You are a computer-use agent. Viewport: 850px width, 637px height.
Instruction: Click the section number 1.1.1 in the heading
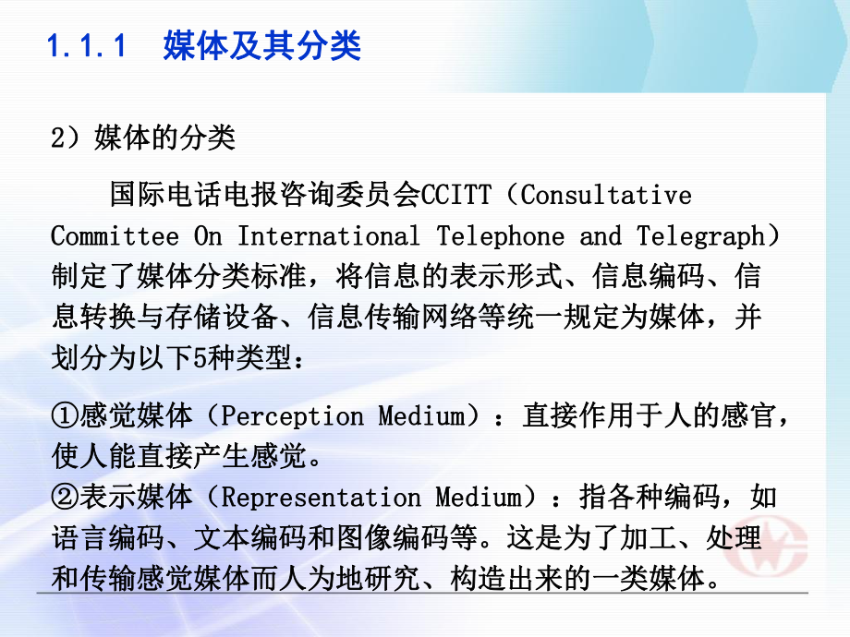point(85,45)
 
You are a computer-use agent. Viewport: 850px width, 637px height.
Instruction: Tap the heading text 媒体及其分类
point(261,45)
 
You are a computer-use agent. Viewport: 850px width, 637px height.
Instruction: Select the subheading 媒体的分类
point(165,138)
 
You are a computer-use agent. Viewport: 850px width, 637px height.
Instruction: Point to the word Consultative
point(605,196)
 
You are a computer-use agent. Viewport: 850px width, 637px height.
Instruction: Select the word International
point(328,235)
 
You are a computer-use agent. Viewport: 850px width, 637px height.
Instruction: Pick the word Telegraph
point(700,235)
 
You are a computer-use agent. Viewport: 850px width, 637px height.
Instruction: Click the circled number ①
point(66,416)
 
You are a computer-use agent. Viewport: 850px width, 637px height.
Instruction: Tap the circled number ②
point(66,498)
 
